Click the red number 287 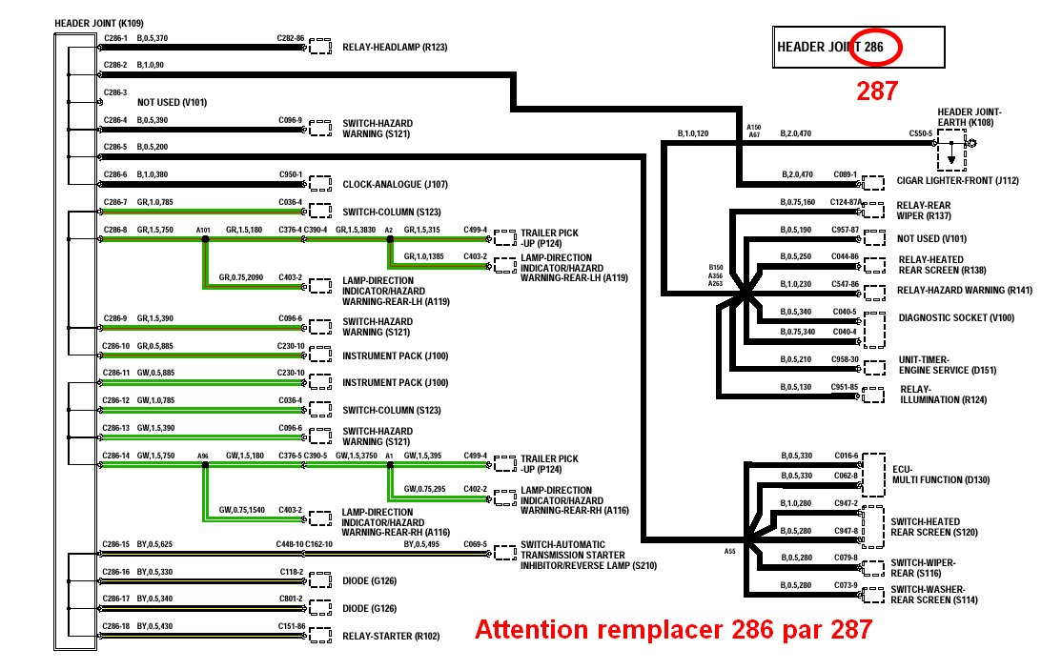(876, 91)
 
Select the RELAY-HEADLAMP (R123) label (394, 47)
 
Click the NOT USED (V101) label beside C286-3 (172, 102)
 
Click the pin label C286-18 (115, 625)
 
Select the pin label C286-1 (114, 38)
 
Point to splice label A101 (203, 230)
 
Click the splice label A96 (203, 456)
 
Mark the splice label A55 (729, 551)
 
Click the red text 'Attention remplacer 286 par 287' (673, 630)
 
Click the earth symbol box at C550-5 (950, 154)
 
